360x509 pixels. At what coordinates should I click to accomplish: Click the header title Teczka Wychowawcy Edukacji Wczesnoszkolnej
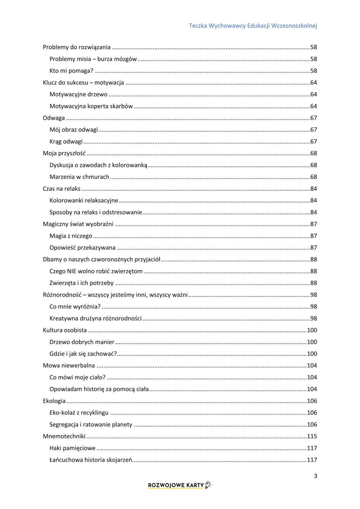coord(253,26)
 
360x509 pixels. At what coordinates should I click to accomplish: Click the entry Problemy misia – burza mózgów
coord(93,59)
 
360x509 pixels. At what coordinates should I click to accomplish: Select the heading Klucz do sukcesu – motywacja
coord(83,83)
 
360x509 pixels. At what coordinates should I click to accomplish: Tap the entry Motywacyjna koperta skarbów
coord(91,106)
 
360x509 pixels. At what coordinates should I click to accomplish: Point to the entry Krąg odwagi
coord(66,142)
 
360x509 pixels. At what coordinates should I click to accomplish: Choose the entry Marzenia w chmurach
coord(79,177)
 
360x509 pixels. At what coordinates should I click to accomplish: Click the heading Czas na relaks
coord(62,189)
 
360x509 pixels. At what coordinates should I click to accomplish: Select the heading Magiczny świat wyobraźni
coord(78,224)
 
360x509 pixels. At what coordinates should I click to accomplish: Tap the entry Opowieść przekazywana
coord(82,248)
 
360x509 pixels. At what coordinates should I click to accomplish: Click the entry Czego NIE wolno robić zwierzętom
coord(96,271)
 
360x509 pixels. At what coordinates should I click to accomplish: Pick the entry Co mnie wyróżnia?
coord(75,307)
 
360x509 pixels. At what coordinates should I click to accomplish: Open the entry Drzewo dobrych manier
coord(82,342)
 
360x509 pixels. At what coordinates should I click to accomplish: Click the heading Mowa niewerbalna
coord(69,366)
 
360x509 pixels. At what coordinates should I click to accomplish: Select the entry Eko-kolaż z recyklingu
coord(79,413)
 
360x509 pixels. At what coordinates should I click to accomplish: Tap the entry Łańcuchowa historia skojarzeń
coord(91,460)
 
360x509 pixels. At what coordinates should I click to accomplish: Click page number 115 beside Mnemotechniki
coord(312,436)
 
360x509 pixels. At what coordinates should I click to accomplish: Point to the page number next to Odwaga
coord(314,118)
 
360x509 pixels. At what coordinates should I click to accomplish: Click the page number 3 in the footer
coord(315,476)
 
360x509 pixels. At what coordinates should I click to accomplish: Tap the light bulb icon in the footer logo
coord(208,485)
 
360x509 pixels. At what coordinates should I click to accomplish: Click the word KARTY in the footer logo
coord(195,485)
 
